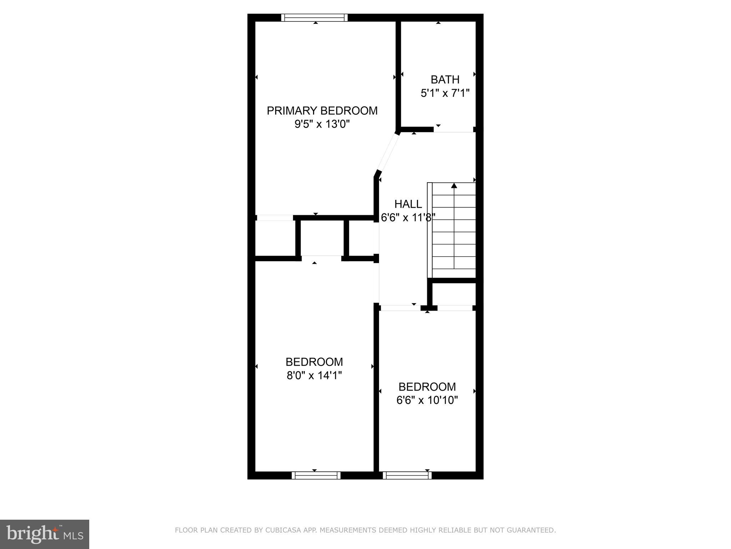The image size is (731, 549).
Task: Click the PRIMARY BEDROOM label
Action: (x=322, y=111)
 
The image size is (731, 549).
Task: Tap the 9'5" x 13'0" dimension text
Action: (x=322, y=124)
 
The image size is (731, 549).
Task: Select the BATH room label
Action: (x=445, y=79)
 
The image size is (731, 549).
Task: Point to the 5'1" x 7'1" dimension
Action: (x=445, y=93)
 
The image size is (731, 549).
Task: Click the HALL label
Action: (x=408, y=204)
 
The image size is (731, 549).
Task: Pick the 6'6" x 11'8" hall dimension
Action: (x=408, y=217)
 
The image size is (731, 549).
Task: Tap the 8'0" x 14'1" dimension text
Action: (x=314, y=376)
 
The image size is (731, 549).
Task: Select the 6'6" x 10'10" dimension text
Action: (x=427, y=400)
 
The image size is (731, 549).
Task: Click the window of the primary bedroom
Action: (x=314, y=18)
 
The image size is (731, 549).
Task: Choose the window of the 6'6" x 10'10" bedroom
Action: (x=407, y=475)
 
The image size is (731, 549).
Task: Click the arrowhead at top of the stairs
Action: (x=454, y=186)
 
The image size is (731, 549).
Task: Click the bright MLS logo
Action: (x=45, y=534)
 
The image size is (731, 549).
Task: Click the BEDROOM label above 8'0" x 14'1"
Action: (x=314, y=362)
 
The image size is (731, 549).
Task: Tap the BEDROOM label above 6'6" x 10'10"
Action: (x=427, y=387)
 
